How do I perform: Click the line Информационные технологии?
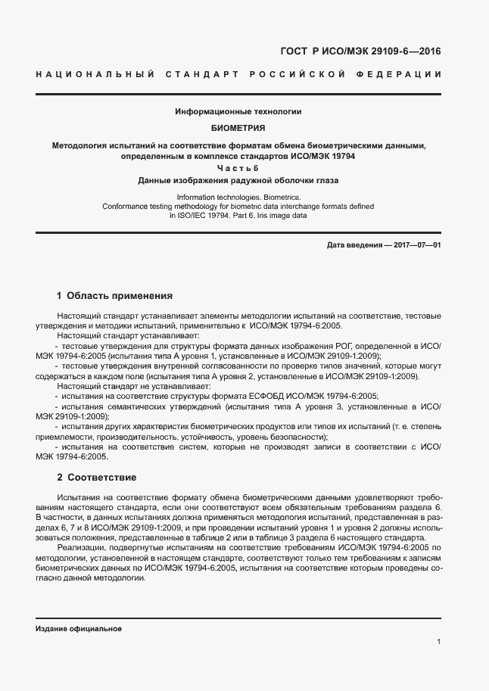238,111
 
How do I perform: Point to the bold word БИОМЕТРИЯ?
238,128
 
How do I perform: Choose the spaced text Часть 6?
238,168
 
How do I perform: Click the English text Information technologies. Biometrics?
238,196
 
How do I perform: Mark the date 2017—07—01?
416,246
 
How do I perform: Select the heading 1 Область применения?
115,296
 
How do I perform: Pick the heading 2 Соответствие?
96,478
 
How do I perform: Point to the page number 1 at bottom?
439,642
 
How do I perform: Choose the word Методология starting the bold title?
78,145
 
